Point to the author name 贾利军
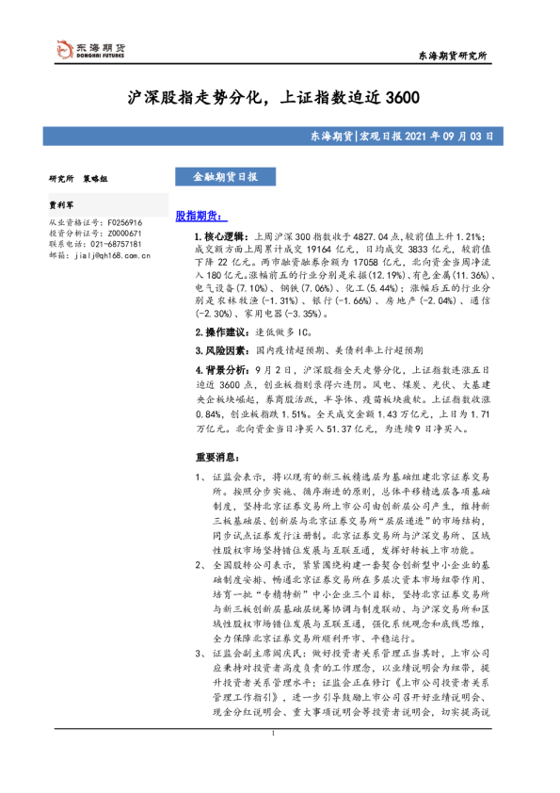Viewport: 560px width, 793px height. coord(63,202)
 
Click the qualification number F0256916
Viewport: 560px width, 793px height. coord(122,221)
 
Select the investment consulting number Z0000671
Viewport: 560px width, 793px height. coord(122,233)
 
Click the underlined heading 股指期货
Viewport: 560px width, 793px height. coord(200,216)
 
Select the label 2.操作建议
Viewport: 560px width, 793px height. coord(217,332)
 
